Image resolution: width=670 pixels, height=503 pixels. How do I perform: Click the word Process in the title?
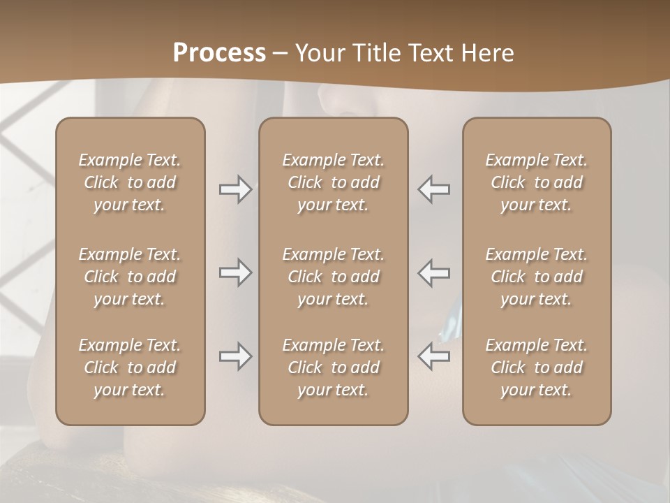point(219,53)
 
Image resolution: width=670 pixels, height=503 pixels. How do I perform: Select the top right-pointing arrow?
point(235,189)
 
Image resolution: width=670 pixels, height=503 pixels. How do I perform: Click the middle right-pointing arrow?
point(235,272)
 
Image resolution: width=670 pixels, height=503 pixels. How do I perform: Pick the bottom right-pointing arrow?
point(235,356)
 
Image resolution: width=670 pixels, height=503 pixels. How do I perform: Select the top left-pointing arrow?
point(434,189)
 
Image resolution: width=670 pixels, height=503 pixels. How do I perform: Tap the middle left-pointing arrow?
point(434,272)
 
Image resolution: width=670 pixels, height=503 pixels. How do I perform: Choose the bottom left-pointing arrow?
point(434,356)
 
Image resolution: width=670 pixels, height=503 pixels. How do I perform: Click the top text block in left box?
point(130,182)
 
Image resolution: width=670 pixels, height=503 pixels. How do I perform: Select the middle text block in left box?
point(130,277)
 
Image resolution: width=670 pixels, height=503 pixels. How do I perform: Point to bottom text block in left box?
point(130,367)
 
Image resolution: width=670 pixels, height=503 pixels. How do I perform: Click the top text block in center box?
point(333,182)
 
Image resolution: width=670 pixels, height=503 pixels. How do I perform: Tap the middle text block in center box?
point(333,277)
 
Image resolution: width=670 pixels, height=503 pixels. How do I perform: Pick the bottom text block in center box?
point(333,367)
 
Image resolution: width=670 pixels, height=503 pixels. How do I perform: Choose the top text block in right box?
point(537,182)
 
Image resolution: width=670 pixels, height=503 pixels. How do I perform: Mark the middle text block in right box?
point(537,277)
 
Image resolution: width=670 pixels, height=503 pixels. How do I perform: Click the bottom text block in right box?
point(537,367)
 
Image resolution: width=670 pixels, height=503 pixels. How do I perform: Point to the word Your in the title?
point(318,53)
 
